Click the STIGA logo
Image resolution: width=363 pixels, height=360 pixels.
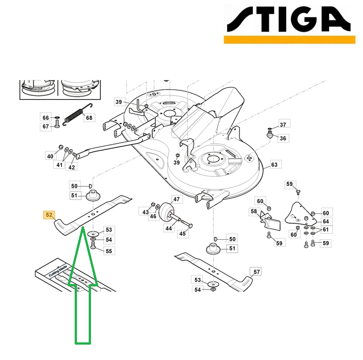pos(289,24)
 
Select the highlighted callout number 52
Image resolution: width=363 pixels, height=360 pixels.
pos(49,215)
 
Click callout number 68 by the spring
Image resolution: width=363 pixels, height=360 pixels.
pos(89,118)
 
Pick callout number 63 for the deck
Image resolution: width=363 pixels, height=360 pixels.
pos(274,165)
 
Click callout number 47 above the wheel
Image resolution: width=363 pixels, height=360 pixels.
pos(177,199)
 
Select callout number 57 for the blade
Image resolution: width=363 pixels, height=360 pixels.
pos(257,272)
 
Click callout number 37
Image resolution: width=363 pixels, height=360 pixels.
pos(283,125)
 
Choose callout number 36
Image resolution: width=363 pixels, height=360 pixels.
pos(283,138)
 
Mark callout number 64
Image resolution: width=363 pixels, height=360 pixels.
pos(326,222)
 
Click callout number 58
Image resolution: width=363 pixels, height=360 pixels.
pos(254,211)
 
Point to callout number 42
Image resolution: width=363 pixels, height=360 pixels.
pos(72,167)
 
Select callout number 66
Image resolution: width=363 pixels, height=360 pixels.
pos(46,118)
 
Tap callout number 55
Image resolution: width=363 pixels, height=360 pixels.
pos(109,251)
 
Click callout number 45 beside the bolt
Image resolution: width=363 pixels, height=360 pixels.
pos(182,234)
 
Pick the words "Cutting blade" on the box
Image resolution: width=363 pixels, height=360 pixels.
pos(58,271)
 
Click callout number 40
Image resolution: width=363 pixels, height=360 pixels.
pos(50,156)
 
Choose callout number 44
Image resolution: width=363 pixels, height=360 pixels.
pos(169,228)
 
